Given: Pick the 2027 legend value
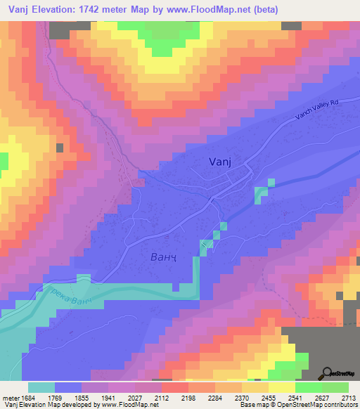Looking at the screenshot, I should [134, 398].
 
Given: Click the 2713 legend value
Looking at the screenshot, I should [349, 398].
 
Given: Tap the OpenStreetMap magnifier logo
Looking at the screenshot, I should [326, 373].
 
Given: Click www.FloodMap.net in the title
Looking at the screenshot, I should [213, 10].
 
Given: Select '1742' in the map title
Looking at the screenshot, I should [101, 10].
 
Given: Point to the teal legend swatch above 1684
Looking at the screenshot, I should [41, 387].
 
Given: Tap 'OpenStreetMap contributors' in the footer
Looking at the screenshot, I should [320, 405].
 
